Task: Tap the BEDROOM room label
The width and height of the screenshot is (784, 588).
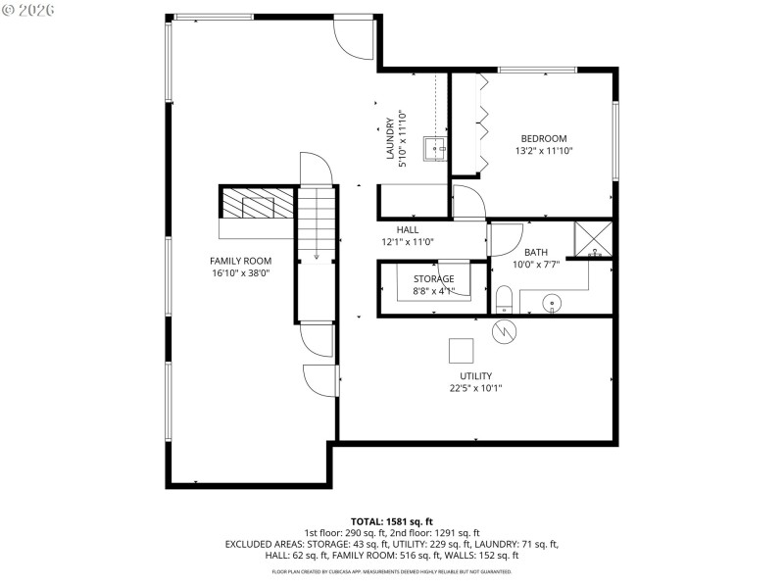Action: tap(543, 139)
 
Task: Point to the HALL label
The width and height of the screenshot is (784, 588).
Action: tap(407, 229)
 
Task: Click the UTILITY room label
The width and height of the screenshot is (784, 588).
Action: tap(475, 376)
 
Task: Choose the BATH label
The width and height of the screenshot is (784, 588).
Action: tap(536, 252)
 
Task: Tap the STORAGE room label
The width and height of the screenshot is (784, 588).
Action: tap(433, 278)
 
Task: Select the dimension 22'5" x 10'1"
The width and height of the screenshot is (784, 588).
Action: tap(475, 388)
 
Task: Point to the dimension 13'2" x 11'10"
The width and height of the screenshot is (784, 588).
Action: tap(543, 151)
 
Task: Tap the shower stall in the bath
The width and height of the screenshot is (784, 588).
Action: tap(594, 240)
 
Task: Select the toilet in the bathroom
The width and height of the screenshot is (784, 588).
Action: tap(504, 298)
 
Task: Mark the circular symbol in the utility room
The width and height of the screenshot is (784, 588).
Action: tap(505, 331)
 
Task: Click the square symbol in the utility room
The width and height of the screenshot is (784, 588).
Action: tap(461, 350)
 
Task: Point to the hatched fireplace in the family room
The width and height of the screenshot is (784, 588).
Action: tap(256, 203)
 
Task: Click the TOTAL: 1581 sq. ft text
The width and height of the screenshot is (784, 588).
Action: tap(392, 521)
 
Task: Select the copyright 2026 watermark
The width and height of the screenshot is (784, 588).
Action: tap(28, 10)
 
